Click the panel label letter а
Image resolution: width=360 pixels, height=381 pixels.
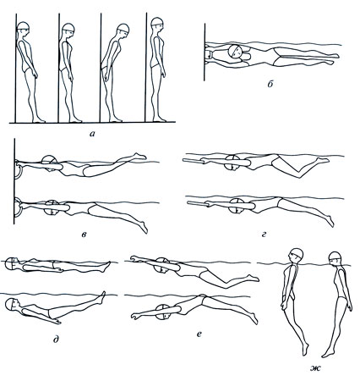(93, 134)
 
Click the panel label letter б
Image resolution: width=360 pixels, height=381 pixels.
(270, 84)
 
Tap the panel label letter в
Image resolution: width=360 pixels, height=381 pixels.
(85, 234)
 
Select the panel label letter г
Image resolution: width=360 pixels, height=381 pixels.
(264, 234)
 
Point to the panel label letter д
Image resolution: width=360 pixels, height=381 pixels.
(56, 339)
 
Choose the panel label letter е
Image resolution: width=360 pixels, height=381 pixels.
(199, 334)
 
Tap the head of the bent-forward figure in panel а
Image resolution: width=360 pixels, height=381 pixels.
(123, 30)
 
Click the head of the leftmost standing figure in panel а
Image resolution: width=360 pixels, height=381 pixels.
(23, 28)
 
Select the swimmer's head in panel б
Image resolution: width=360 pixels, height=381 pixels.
(235, 52)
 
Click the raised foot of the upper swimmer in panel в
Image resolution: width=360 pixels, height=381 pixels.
(139, 156)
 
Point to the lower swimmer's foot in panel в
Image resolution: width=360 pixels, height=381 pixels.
(144, 228)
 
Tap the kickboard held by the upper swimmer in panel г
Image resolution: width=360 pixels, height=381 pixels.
(194, 161)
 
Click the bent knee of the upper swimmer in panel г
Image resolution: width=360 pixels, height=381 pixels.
(298, 175)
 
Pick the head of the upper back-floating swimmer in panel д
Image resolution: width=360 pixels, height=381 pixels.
(12, 263)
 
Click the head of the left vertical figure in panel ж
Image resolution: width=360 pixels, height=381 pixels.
(297, 254)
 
